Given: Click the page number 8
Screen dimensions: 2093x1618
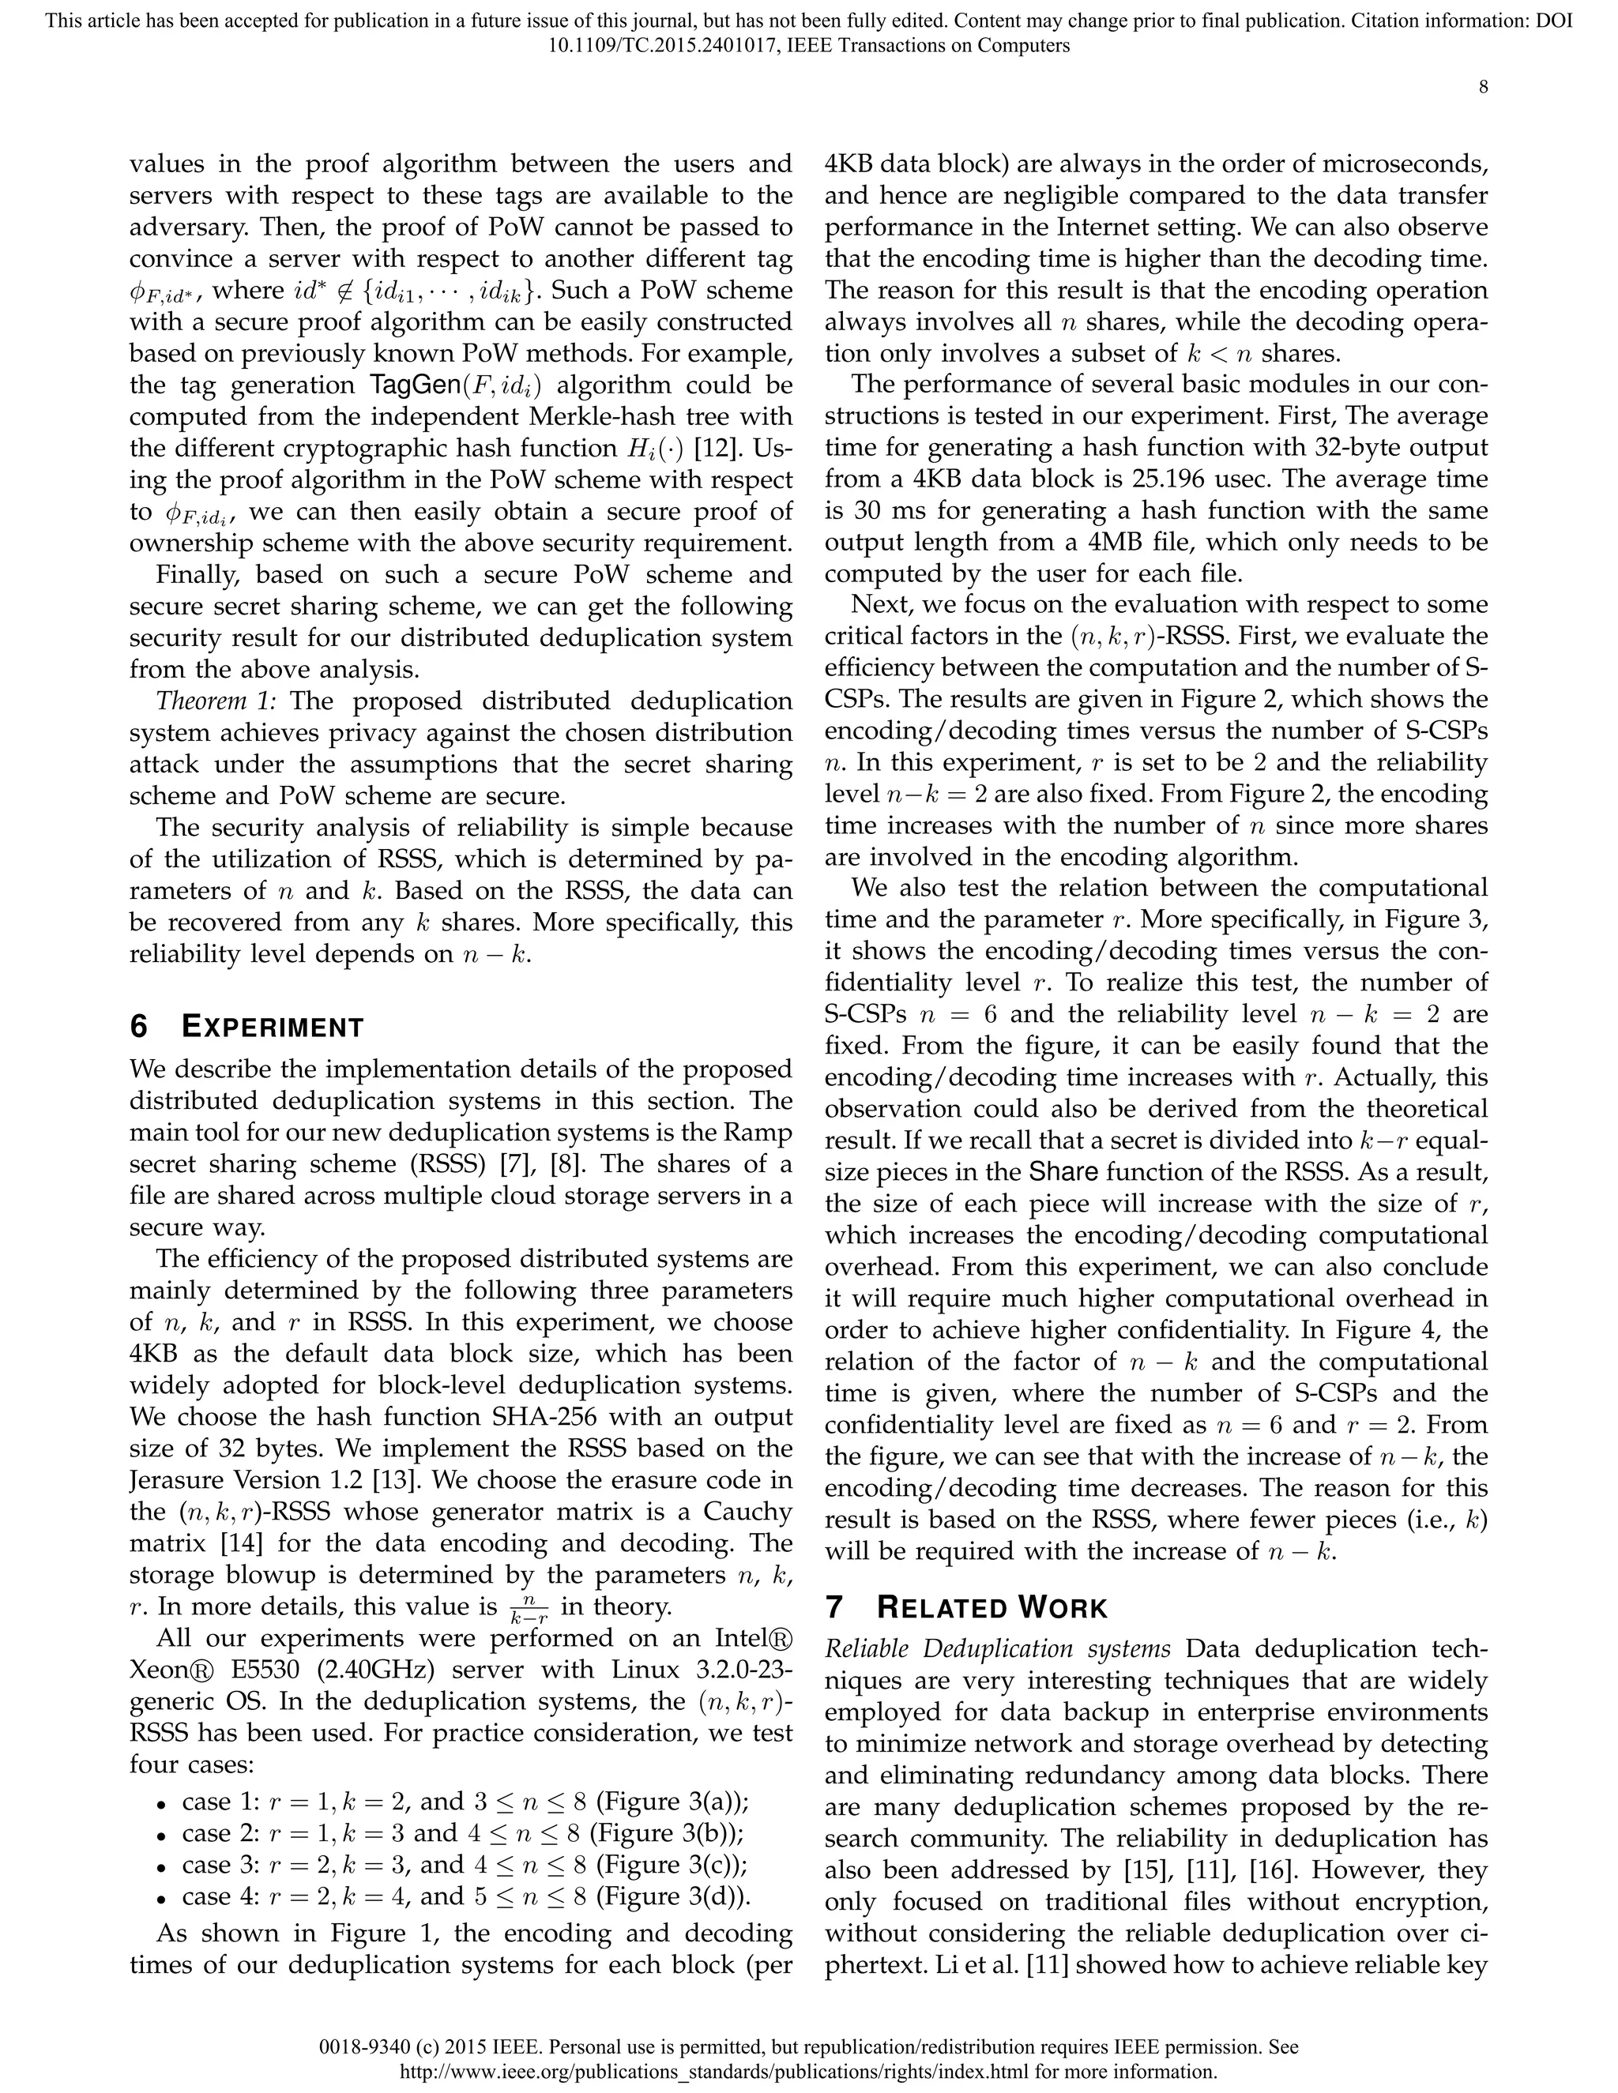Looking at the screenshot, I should coord(1483,87).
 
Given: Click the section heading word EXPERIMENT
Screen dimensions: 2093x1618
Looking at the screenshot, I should coord(273,1028).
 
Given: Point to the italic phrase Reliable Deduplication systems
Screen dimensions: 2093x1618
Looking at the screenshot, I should coord(998,1649).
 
